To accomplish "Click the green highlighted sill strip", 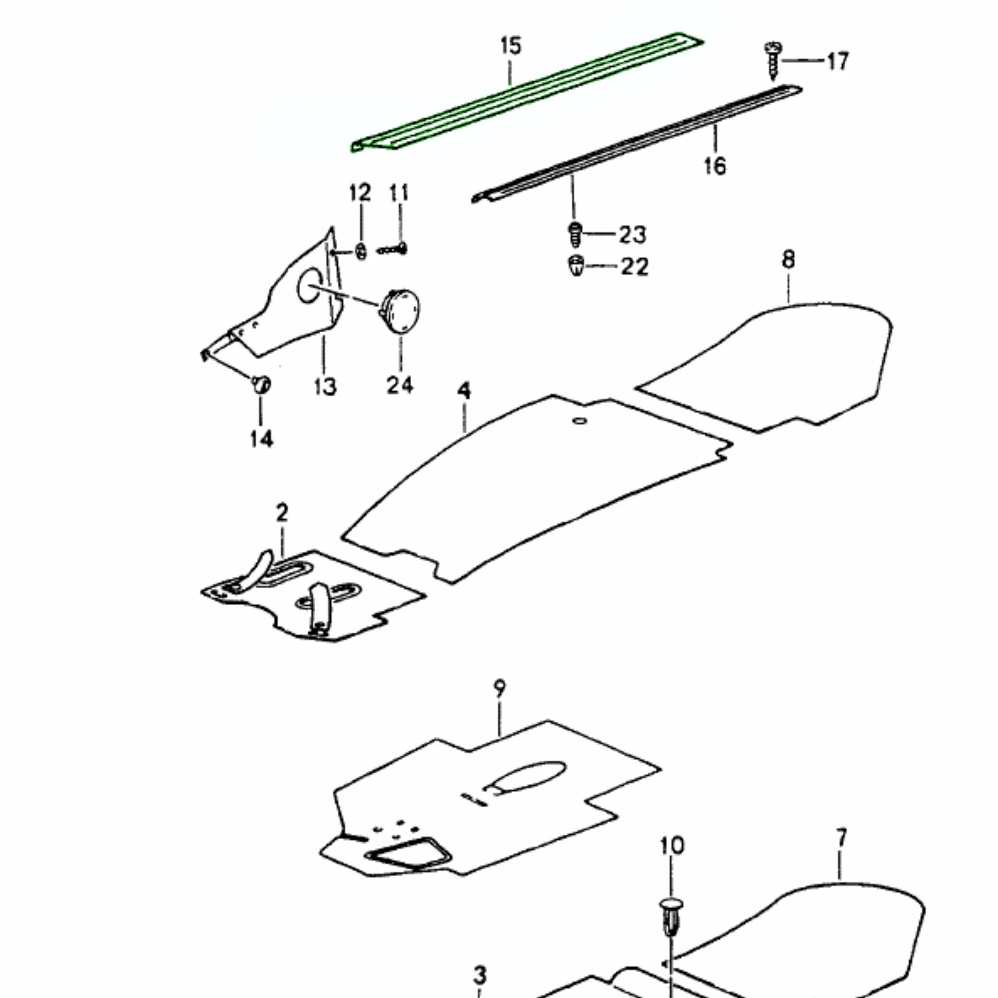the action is pyautogui.click(x=527, y=93).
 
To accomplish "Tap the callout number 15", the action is pyautogui.click(x=510, y=46).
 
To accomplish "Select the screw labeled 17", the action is pyautogui.click(x=773, y=61).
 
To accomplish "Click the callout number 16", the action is pyautogui.click(x=715, y=166).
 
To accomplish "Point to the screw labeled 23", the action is pyautogui.click(x=575, y=235).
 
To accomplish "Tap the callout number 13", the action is pyautogui.click(x=325, y=386).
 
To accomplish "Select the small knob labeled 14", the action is pyautogui.click(x=261, y=384).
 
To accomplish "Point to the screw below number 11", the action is pyautogui.click(x=393, y=250).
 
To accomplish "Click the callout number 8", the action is pyautogui.click(x=788, y=259).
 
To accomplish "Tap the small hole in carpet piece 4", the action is pyautogui.click(x=579, y=421).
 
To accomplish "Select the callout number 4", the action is pyautogui.click(x=464, y=391).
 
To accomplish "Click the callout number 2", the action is pyautogui.click(x=282, y=514).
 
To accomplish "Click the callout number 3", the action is pyautogui.click(x=480, y=976).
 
